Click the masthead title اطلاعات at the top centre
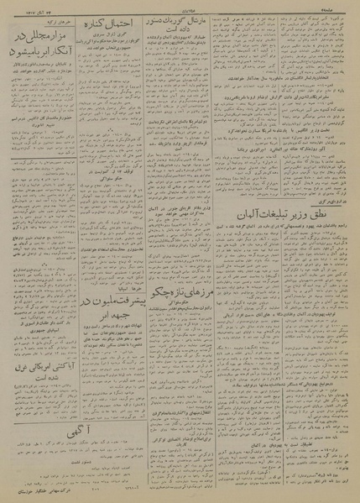pyautogui.click(x=180, y=6)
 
